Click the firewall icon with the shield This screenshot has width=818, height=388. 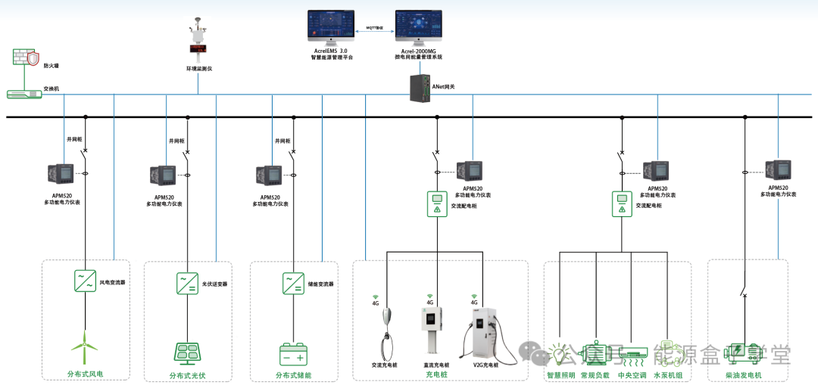(24, 58)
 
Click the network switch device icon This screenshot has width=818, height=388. (23, 94)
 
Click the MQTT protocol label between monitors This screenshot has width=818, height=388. (375, 26)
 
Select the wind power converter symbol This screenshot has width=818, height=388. (85, 281)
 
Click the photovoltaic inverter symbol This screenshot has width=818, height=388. (187, 284)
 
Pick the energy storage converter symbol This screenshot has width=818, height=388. (293, 284)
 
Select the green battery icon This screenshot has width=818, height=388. (292, 354)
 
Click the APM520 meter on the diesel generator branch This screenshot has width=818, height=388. (779, 170)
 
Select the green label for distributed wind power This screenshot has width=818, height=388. (85, 374)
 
